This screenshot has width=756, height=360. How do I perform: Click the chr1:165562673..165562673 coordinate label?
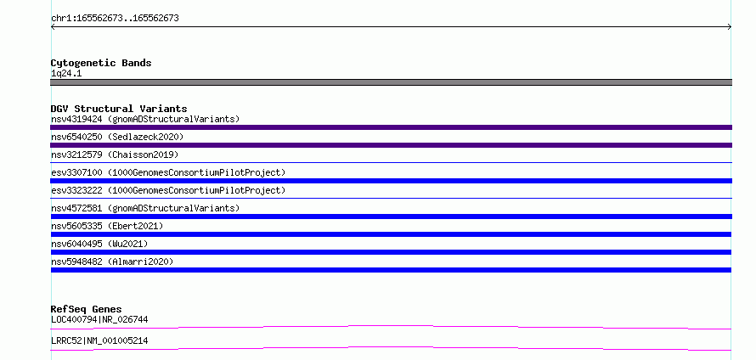tap(115, 19)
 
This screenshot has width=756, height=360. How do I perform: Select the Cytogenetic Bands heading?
tap(101, 63)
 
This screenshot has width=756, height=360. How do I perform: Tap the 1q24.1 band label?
tap(66, 74)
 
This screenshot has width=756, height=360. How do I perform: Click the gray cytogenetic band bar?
tap(391, 82)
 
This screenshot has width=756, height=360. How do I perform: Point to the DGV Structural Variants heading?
tap(119, 109)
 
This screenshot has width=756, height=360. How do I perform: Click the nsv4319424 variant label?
tap(145, 119)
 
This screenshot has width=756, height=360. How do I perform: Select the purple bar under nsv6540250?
tap(391, 145)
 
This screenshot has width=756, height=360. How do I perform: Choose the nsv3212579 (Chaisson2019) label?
tap(115, 155)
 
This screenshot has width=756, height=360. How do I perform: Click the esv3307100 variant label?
tap(168, 172)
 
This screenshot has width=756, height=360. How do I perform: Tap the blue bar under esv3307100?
tap(391, 181)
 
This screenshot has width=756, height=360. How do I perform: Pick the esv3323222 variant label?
tap(168, 190)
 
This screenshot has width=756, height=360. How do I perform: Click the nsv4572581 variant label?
tap(145, 208)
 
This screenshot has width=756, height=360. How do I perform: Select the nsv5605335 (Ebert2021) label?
tap(107, 226)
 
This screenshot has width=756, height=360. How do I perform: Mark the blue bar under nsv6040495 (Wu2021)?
tap(391, 252)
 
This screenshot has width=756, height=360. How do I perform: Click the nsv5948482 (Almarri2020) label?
tap(112, 262)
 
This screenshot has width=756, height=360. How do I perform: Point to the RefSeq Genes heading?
tap(87, 309)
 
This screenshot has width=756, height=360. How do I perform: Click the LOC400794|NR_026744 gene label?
tap(99, 319)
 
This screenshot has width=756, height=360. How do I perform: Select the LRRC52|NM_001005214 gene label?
tap(99, 340)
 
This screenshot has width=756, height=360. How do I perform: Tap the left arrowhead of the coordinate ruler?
tap(53, 27)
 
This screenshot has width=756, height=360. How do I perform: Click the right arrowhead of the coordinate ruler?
tap(730, 27)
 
